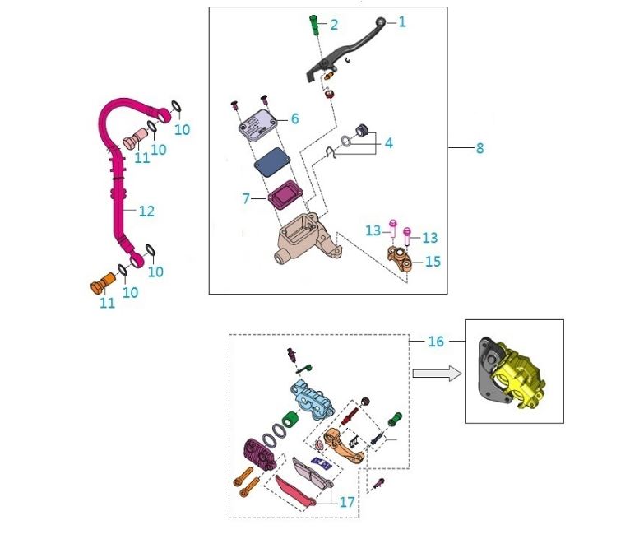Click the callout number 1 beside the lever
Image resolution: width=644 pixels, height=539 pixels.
(x=402, y=22)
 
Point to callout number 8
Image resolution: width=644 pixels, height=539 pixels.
(x=480, y=148)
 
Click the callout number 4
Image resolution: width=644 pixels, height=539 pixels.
(x=388, y=142)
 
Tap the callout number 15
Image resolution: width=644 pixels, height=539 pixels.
(x=433, y=262)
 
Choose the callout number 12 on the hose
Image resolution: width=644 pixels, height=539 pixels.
(x=146, y=211)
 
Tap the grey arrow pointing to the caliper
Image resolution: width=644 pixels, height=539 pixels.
(x=434, y=373)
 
